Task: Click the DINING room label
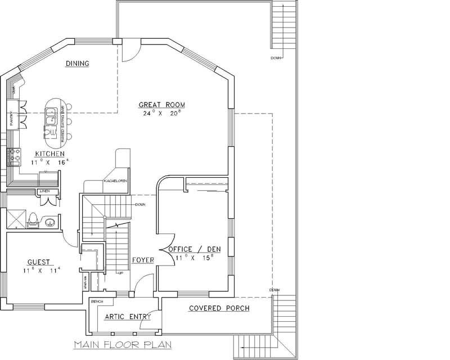point(77,64)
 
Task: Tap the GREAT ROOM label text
point(162,105)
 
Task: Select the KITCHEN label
point(49,154)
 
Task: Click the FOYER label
point(143,260)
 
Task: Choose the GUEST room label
point(39,262)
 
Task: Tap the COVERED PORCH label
point(219,308)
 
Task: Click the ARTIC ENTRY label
point(128,317)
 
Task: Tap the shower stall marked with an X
point(16,218)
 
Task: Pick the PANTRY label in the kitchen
point(11,120)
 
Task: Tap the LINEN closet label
point(44,192)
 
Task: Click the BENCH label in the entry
point(97,302)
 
